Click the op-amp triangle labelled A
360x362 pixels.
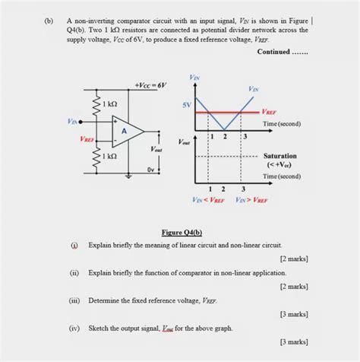(x=125, y=131)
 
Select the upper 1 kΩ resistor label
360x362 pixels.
(x=109, y=103)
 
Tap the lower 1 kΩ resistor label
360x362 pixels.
(x=109, y=156)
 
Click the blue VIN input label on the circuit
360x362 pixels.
(x=72, y=121)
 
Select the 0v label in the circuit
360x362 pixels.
(x=151, y=170)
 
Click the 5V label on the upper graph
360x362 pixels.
(x=187, y=104)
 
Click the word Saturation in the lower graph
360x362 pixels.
(x=279, y=155)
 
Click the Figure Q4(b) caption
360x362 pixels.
(x=182, y=232)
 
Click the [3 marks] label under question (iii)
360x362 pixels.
(x=292, y=313)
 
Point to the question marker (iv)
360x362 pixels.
(x=74, y=329)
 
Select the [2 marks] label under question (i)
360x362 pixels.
(x=292, y=259)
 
